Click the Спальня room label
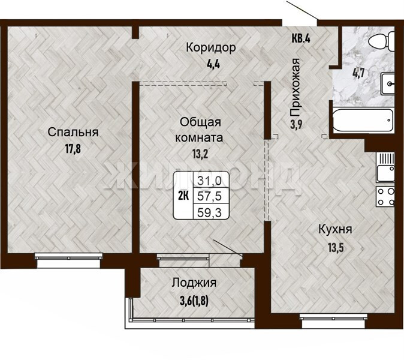[x=73, y=133]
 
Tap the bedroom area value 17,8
[x=73, y=149]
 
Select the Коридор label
[x=211, y=48]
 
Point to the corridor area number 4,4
[x=213, y=64]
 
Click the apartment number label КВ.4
[x=301, y=38]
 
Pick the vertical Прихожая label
[x=295, y=88]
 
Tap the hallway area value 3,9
[x=296, y=125]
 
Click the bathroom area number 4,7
[x=358, y=74]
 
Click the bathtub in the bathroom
[x=363, y=121]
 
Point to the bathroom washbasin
[x=387, y=83]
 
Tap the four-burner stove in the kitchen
[x=385, y=196]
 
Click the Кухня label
[x=335, y=229]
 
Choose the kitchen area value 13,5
[x=336, y=248]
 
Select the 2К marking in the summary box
[x=184, y=196]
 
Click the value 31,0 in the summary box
[x=209, y=181]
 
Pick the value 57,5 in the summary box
[x=209, y=197]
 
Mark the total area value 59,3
[x=209, y=213]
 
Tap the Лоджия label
[x=194, y=283]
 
